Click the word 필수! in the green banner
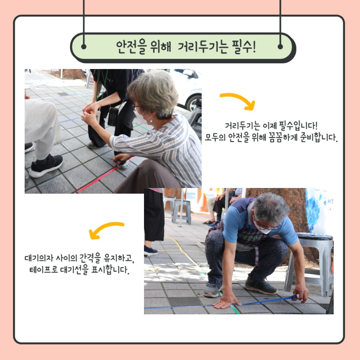[243, 47]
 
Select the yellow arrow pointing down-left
[106, 230]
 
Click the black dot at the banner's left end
[84, 47]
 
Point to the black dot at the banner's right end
[280, 47]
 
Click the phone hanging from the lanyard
[113, 117]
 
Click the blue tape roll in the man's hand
[295, 297]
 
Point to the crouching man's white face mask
[262, 227]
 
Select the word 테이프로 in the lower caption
[44, 269]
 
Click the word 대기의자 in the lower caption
[39, 258]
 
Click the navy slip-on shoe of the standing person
[151, 251]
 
